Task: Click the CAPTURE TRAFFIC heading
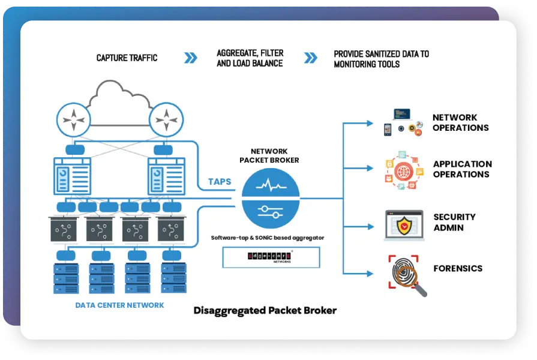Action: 127,58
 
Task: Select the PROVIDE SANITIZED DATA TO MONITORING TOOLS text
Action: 381,59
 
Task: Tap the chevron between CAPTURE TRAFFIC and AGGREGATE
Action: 190,58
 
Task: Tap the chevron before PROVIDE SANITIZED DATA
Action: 310,58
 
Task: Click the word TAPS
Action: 220,181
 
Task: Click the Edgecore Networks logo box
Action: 271,257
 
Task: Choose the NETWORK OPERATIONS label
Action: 460,122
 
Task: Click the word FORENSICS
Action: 458,268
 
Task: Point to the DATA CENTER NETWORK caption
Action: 119,305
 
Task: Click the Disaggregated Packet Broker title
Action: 265,311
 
